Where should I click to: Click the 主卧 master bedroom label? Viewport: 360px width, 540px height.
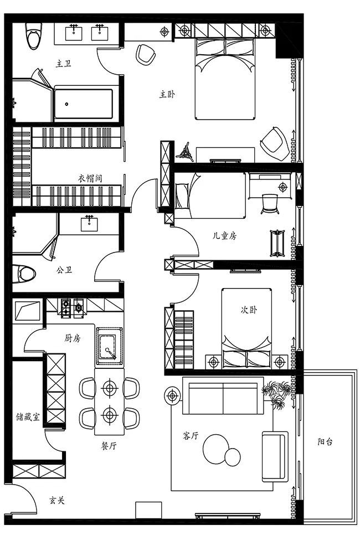[167, 94]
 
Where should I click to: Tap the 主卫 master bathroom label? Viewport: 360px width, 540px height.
[64, 64]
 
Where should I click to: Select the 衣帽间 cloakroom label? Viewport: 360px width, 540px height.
[90, 178]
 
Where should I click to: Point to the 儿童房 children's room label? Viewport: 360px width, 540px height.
[224, 236]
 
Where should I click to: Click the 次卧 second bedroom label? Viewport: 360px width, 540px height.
[249, 310]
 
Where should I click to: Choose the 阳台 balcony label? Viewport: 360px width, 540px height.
[325, 441]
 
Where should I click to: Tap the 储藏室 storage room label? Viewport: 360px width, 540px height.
[28, 416]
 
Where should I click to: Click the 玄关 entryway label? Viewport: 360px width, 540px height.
[57, 500]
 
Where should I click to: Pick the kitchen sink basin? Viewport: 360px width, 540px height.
[110, 346]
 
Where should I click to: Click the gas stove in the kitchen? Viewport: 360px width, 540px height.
[73, 307]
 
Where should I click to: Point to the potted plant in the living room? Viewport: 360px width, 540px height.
[276, 394]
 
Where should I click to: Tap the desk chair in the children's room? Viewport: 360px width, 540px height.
[270, 204]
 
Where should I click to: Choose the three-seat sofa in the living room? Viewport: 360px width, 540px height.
[223, 396]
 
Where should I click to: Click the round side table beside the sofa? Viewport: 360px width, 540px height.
[172, 395]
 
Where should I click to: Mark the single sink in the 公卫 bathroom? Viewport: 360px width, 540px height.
[90, 223]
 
